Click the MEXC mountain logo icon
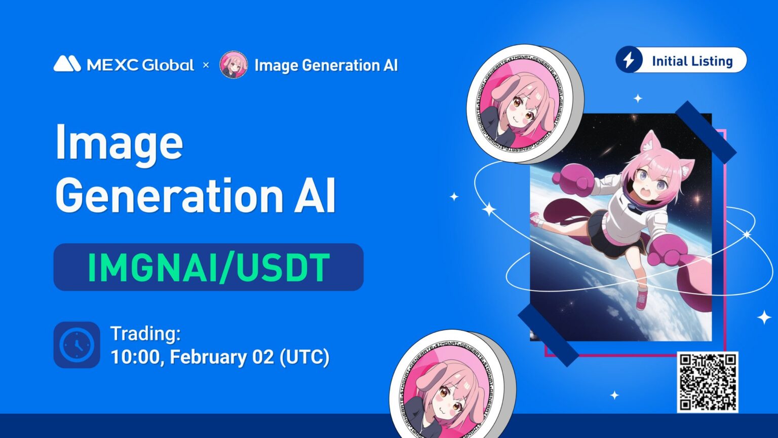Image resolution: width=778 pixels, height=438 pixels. pos(67,64)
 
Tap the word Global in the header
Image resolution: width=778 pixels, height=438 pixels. pos(168,65)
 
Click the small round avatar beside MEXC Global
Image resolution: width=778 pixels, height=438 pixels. pos(234,65)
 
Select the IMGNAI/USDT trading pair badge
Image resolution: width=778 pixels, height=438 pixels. pos(208,267)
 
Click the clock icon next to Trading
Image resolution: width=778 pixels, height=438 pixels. pos(76,345)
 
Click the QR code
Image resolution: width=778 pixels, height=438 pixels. pos(708,382)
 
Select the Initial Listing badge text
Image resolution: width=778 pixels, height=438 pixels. pos(692,61)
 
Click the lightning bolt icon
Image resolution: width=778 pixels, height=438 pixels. pos(629,60)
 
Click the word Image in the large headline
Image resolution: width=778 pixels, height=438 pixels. pos(119,143)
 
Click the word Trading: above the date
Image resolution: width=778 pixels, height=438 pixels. pos(145,334)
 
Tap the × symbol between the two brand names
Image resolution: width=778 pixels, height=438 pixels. pos(206,65)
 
